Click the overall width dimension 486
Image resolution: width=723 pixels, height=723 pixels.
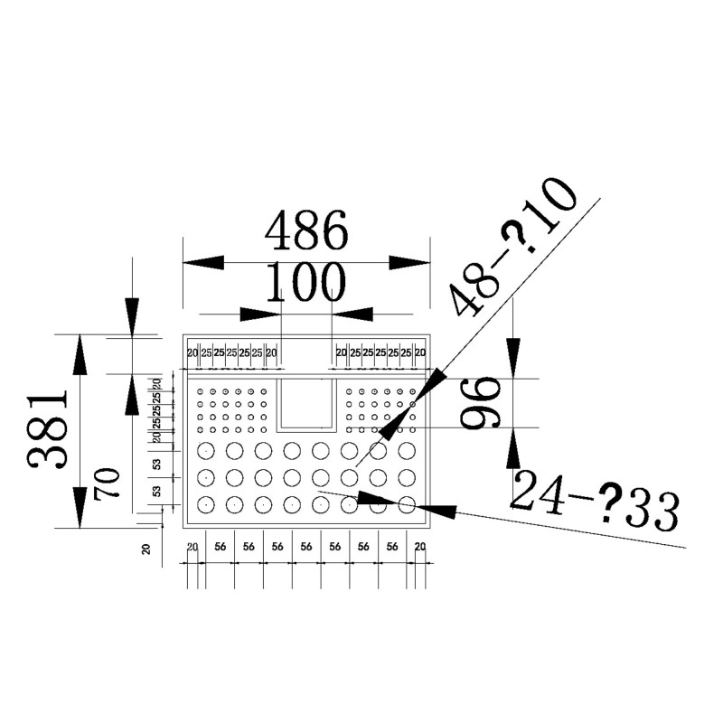point(305,231)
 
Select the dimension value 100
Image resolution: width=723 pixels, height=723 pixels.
point(306,283)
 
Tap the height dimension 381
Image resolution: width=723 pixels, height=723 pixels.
point(47,430)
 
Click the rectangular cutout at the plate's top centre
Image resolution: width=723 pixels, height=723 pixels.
point(306,403)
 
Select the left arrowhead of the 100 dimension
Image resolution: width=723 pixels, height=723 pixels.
point(259,314)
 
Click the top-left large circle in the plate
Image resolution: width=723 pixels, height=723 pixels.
point(207,450)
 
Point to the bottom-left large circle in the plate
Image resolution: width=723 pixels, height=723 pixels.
point(207,504)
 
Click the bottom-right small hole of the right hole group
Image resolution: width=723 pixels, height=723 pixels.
point(412,429)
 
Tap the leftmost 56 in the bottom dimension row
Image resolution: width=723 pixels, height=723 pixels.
point(220,548)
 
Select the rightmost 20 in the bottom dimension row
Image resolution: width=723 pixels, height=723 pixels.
point(419,548)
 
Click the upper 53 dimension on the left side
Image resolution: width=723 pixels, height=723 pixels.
point(156,464)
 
